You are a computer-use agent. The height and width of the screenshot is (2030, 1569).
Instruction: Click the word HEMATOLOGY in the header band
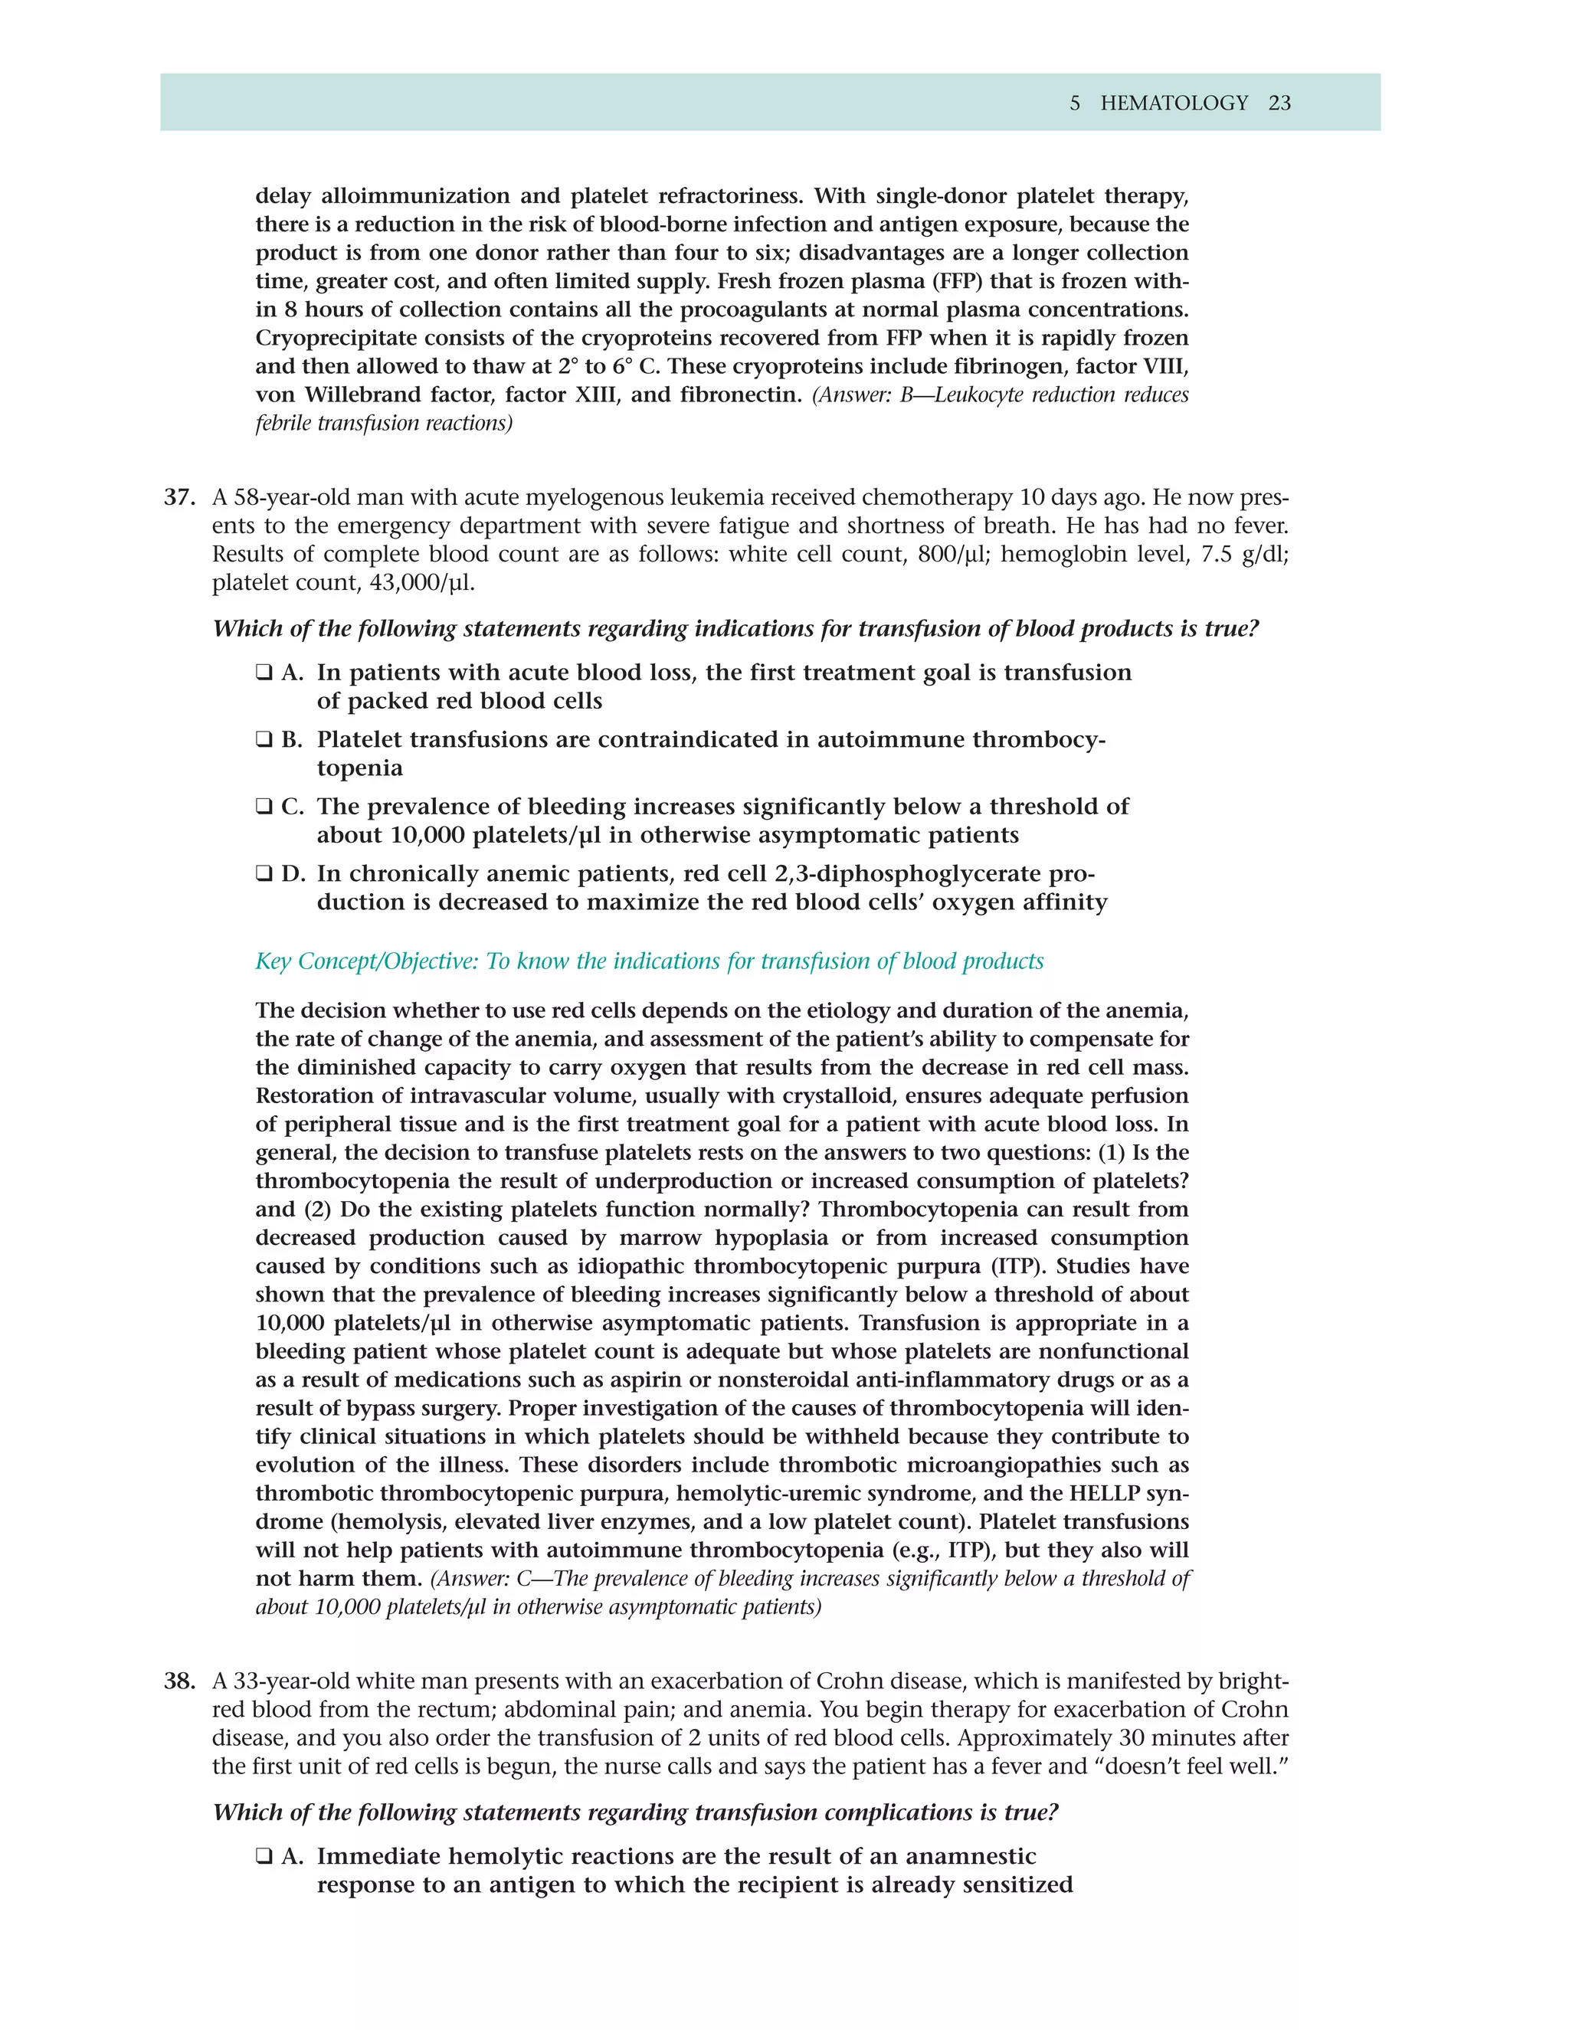pyautogui.click(x=1173, y=103)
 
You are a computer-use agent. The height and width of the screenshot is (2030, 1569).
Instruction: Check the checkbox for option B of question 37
pyautogui.click(x=264, y=740)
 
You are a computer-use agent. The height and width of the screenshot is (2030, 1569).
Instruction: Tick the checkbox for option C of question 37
pyautogui.click(x=264, y=807)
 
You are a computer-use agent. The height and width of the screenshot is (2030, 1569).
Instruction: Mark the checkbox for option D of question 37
pyautogui.click(x=264, y=874)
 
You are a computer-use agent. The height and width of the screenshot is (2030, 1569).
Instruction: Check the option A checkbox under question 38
pyautogui.click(x=264, y=1856)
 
